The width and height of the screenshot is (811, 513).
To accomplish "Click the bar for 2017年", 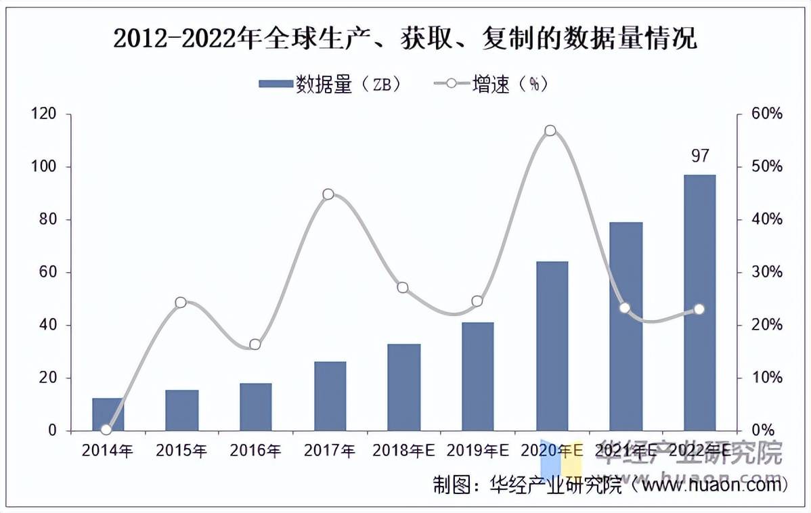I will tap(330, 396).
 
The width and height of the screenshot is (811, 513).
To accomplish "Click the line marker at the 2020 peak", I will tap(550, 131).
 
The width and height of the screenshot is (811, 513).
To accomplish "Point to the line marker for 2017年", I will tap(328, 194).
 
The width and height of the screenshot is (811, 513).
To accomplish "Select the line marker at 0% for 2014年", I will tap(106, 429).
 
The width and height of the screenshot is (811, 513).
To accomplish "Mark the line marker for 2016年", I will tap(255, 344).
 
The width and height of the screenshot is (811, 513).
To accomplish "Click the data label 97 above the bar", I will tap(700, 156).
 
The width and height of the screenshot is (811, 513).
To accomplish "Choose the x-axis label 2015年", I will tap(181, 450).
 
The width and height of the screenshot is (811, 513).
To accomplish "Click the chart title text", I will tap(405, 39).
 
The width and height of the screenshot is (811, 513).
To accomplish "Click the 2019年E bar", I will tap(478, 376).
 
